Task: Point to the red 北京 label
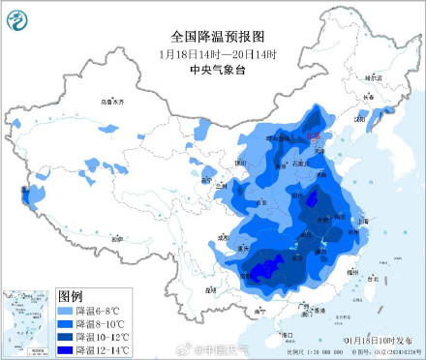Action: click(x=313, y=138)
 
